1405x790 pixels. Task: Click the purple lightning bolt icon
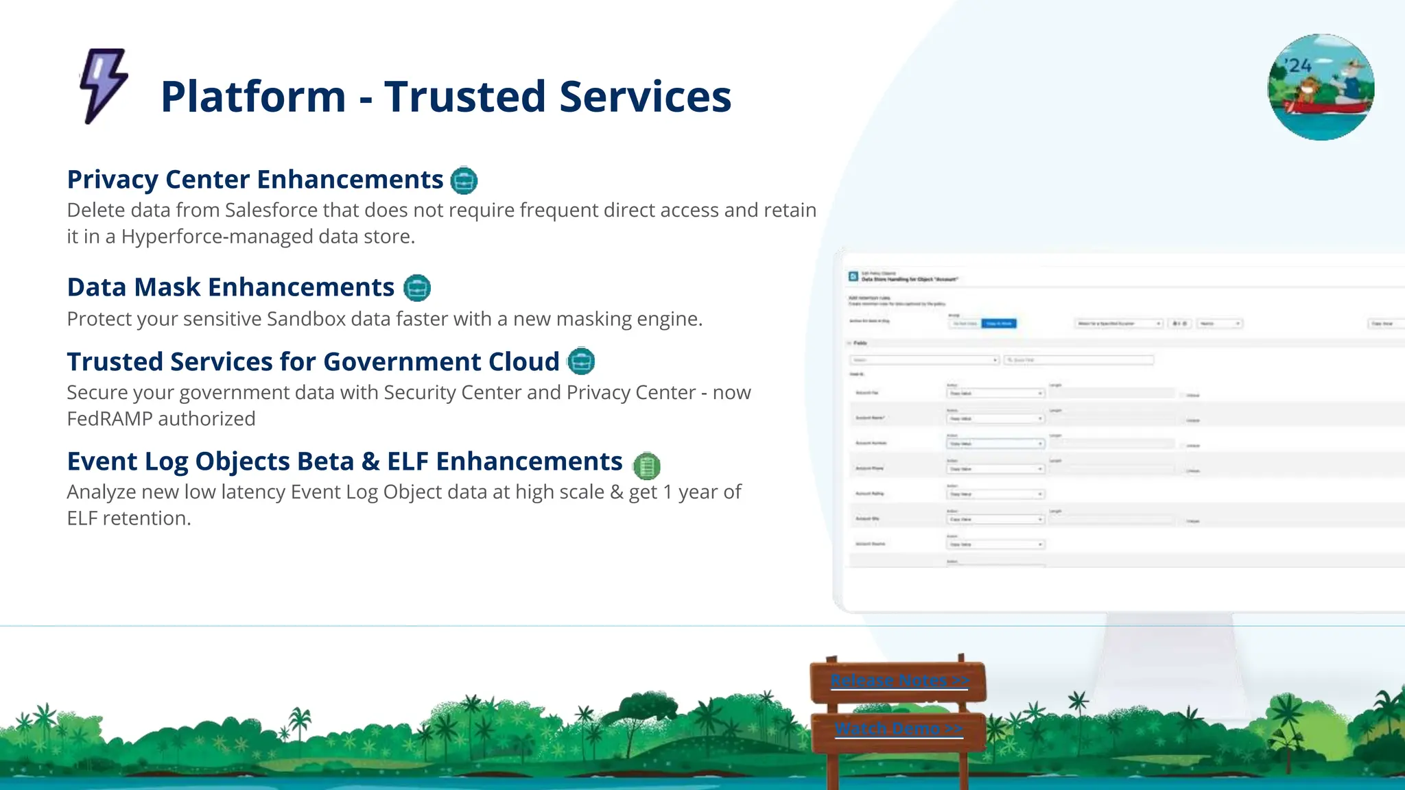104,86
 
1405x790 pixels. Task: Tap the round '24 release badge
1321,87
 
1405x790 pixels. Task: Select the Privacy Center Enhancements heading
255,180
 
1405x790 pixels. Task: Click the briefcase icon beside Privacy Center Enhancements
464,180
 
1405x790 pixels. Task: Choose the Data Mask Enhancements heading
231,287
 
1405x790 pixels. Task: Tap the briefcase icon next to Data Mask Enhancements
417,288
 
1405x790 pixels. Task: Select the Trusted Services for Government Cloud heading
313,362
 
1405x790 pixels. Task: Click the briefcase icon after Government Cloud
581,361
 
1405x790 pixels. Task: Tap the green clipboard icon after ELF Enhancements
646,466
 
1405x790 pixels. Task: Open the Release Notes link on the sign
899,680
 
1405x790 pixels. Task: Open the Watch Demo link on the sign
899,728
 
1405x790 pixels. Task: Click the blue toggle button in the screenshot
999,324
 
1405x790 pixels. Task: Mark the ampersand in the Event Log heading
370,462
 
